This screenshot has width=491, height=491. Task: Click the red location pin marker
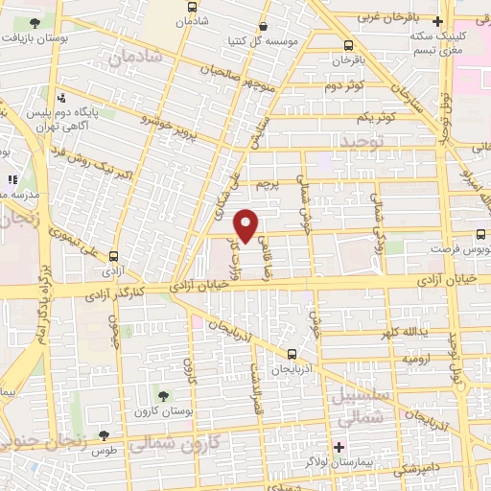pos(246,224)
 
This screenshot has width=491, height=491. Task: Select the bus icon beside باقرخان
pos(347,45)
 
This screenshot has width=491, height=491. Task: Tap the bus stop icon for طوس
pos(118,436)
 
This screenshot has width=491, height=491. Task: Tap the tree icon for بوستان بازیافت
pos(35,21)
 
